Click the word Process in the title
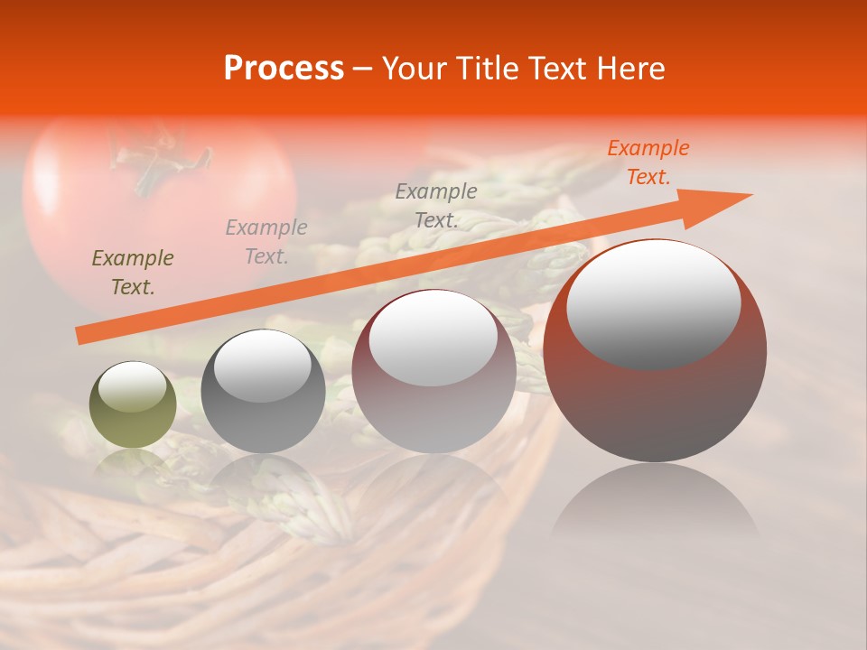(284, 69)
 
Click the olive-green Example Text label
(133, 273)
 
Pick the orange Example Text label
(648, 162)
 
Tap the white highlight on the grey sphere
(262, 366)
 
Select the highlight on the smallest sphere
(132, 386)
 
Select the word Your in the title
(413, 69)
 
